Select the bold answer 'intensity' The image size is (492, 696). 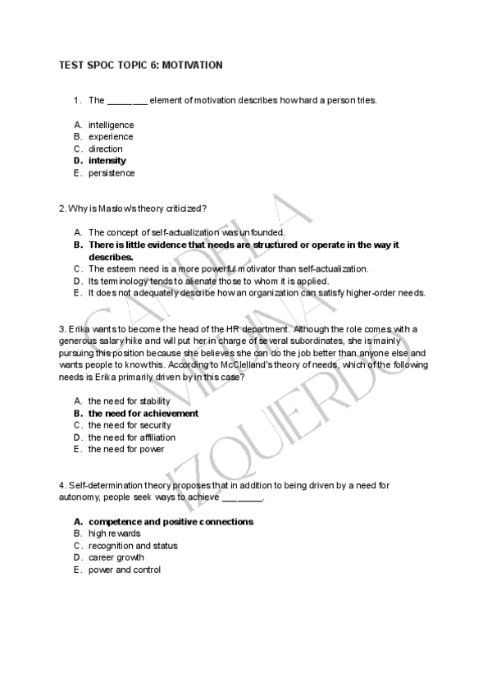(107, 161)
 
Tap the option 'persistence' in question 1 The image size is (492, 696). (112, 173)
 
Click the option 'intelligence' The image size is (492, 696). (112, 125)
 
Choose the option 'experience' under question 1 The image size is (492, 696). (111, 137)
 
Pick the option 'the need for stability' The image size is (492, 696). (130, 401)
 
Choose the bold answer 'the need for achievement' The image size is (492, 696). (143, 414)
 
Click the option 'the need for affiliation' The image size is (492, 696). (132, 437)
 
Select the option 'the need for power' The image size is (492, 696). (126, 449)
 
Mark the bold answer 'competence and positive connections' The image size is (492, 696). (171, 521)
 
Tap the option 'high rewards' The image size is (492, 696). (115, 533)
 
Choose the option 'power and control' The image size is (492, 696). (125, 570)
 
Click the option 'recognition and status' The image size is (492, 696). (133, 546)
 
